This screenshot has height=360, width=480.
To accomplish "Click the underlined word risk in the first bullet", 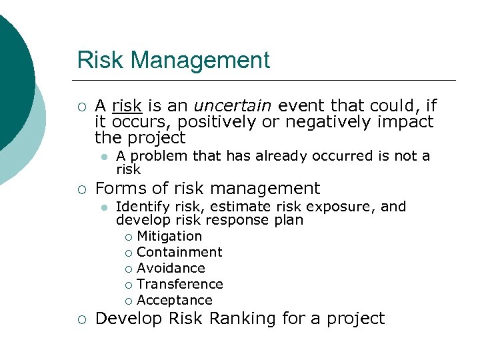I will pos(127,105).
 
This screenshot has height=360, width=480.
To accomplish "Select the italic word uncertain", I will pos(233,105).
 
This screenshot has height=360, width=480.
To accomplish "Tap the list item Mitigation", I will pos(169,236).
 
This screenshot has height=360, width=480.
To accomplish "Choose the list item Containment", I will pos(179,252).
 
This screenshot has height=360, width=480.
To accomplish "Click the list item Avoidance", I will pos(171,268).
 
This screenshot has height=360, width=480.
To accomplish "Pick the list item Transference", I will pos(179,284).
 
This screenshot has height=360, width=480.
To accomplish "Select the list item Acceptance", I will pos(174,300).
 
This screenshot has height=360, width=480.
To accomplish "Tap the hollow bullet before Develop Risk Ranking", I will pos(81,319).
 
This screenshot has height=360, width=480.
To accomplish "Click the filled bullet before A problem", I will pos(103,157).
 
